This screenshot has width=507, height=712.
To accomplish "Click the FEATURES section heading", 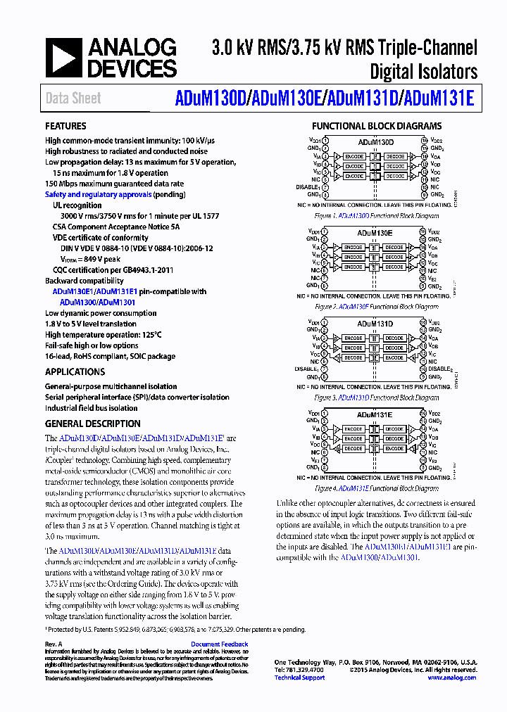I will point(66,127).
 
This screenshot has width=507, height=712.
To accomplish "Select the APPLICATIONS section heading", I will point(75,371).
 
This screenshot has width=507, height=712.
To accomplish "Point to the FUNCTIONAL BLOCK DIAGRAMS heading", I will point(377,127).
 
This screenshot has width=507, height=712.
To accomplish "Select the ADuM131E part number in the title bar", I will point(438,99).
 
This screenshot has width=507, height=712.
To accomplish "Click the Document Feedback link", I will point(219,644).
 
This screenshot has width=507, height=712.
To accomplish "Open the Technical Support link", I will point(299,678).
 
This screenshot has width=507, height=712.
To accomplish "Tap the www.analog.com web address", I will point(451,678).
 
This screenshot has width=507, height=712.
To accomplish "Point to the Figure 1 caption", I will point(377,216).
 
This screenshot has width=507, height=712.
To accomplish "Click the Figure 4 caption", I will point(377,488).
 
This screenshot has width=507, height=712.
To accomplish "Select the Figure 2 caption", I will point(377,307).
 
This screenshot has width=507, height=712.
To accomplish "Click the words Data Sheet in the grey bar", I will point(73,99).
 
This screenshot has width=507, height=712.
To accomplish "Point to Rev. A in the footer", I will point(54,644).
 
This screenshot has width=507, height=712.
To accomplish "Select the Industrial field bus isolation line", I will point(92,408).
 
